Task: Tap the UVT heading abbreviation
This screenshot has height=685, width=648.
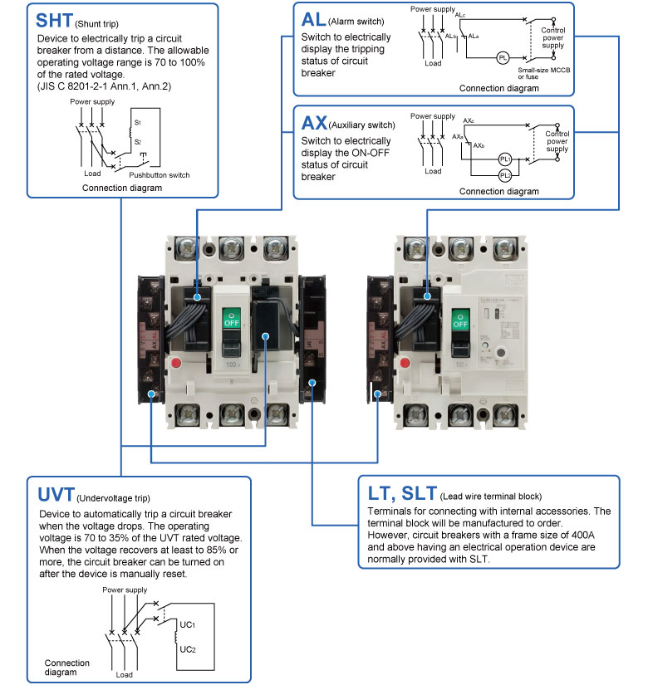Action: point(56,495)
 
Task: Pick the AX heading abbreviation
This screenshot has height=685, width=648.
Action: point(314,124)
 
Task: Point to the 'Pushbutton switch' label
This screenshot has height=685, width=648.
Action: point(160,175)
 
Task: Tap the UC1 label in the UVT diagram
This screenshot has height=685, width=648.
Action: point(189,621)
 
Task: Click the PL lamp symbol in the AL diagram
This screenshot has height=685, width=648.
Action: point(502,59)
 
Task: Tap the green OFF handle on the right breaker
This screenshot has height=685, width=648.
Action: point(459,320)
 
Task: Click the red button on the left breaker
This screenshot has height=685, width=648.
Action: point(176,363)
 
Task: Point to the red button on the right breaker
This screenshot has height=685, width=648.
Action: point(406,363)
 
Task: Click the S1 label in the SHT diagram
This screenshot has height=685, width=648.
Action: point(138,123)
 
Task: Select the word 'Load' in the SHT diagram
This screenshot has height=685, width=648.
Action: point(92,174)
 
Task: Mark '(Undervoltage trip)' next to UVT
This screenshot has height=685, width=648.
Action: point(113,499)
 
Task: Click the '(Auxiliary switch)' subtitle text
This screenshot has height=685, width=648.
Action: point(362,125)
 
